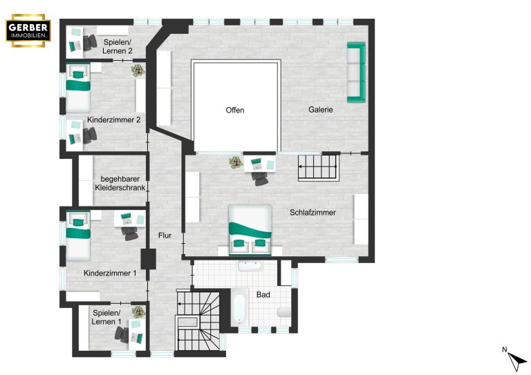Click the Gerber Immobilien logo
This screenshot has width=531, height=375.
(28, 30)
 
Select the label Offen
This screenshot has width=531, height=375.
(234, 110)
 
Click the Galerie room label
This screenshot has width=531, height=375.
(320, 110)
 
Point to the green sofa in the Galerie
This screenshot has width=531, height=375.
(356, 72)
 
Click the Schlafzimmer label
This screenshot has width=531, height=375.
(313, 212)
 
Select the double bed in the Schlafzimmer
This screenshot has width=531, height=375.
(250, 230)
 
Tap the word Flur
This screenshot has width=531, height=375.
(165, 235)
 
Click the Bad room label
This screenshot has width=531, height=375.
(263, 294)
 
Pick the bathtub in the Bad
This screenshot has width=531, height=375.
(240, 309)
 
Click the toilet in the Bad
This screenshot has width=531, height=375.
(284, 312)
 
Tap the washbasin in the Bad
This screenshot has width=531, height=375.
(250, 266)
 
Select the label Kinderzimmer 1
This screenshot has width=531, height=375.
(110, 273)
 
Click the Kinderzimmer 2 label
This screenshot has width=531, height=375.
(114, 119)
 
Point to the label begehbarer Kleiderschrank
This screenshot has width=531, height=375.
(120, 183)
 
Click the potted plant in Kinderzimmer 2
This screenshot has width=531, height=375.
(138, 70)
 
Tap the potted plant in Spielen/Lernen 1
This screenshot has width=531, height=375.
(138, 311)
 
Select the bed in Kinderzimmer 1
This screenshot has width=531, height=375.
(78, 235)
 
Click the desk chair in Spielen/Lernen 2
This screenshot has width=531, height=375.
(90, 43)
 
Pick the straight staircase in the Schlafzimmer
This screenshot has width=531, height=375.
(318, 168)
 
